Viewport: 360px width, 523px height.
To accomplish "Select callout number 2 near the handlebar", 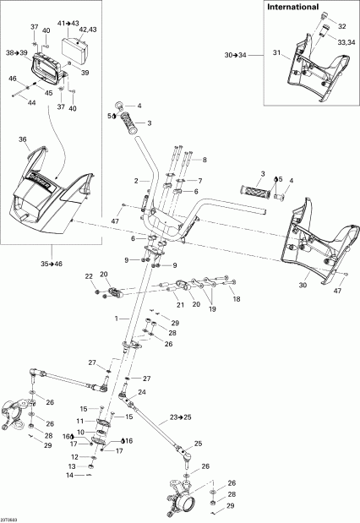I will click(135, 181).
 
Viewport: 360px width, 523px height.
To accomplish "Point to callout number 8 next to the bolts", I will click(203, 159).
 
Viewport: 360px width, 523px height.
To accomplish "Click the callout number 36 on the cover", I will click(23, 140).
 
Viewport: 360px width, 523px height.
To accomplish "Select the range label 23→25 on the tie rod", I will click(180, 417).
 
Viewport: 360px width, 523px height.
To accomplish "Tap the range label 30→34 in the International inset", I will click(236, 55).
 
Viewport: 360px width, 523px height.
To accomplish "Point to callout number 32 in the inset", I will click(342, 26).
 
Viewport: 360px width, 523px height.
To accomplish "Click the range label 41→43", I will click(68, 22).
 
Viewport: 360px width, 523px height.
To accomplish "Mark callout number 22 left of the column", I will click(89, 276).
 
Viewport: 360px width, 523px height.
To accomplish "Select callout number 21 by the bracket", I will click(179, 304).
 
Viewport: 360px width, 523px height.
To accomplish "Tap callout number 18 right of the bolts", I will click(236, 300).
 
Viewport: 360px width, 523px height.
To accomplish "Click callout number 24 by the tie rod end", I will click(141, 393).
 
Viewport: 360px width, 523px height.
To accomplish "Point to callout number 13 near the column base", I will click(71, 466).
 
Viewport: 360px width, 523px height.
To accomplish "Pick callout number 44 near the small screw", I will click(32, 103).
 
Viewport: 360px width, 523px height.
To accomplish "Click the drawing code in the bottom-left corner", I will click(11, 517).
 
